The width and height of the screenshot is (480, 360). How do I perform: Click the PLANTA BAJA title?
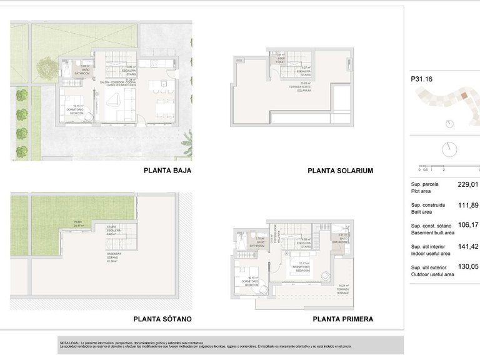pos(167,170)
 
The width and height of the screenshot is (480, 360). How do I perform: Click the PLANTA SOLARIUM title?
pos(340,170)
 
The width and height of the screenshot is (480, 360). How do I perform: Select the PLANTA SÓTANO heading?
pos(167,319)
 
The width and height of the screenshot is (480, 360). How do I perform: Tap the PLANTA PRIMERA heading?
pos(342,319)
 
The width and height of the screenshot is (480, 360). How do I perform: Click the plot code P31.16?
pos(421,79)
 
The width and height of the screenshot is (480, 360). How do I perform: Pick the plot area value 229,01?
pos(467,185)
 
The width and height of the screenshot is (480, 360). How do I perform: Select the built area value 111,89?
pos(467,205)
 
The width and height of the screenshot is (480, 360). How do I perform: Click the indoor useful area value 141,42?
pos(467,246)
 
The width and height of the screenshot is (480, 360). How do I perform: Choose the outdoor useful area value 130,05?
pos(467,266)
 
